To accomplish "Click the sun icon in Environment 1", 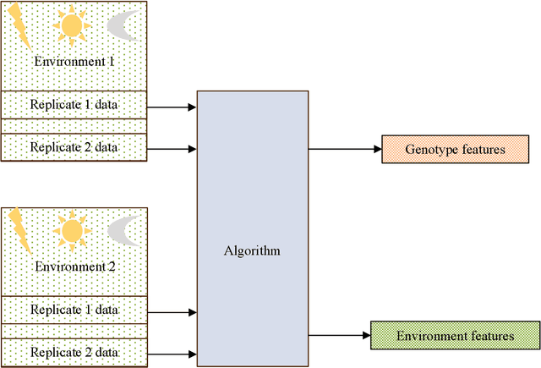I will click(71, 25).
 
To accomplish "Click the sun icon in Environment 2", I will click(71, 228).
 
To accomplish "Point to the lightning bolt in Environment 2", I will click(20, 231).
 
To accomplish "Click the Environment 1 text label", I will click(74, 63).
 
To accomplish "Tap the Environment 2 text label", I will click(74, 266).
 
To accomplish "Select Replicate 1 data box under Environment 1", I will click(74, 105).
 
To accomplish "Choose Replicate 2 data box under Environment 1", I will click(74, 147).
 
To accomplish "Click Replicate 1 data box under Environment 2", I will click(74, 309).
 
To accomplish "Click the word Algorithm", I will click(252, 251).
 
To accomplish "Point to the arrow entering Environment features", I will click(339, 336).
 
